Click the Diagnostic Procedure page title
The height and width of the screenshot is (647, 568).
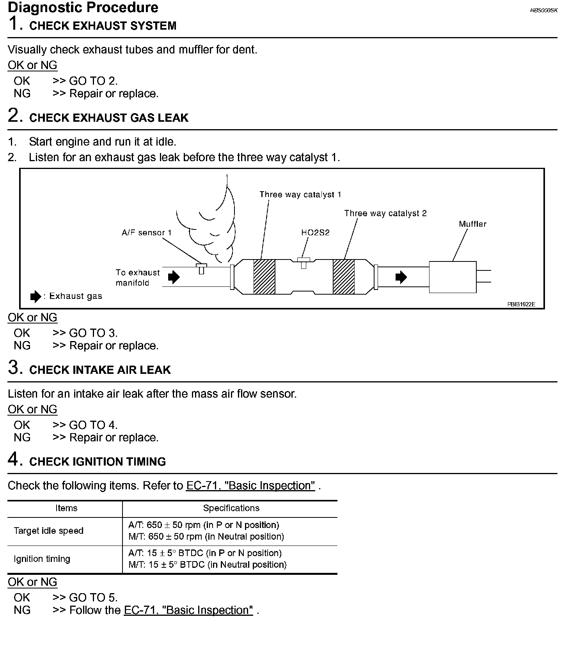pos(83,7)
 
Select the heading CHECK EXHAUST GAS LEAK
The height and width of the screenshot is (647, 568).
pos(108,118)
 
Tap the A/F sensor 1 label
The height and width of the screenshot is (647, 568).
pos(146,233)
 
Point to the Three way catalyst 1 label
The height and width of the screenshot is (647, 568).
pos(300,194)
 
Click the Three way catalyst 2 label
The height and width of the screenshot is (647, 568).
pos(385,213)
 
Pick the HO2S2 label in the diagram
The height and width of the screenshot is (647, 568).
pos(315,233)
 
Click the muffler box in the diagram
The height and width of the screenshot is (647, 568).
pos(453,277)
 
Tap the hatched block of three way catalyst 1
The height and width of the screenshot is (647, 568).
pos(264,277)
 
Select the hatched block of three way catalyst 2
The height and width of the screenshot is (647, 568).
pos(343,277)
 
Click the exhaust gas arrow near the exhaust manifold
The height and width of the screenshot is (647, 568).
pos(174,277)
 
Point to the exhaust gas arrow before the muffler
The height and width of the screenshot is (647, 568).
pos(401,277)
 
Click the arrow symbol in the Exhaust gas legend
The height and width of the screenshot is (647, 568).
pos(35,297)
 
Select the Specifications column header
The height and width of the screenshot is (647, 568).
pos(231,508)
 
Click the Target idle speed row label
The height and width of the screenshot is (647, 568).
pos(48,531)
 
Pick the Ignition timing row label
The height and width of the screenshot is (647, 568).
pos(42,559)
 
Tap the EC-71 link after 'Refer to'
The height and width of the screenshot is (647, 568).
pos(250,485)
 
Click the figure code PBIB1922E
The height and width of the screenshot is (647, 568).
pos(521,304)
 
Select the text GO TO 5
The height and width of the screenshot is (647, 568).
pos(93,597)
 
